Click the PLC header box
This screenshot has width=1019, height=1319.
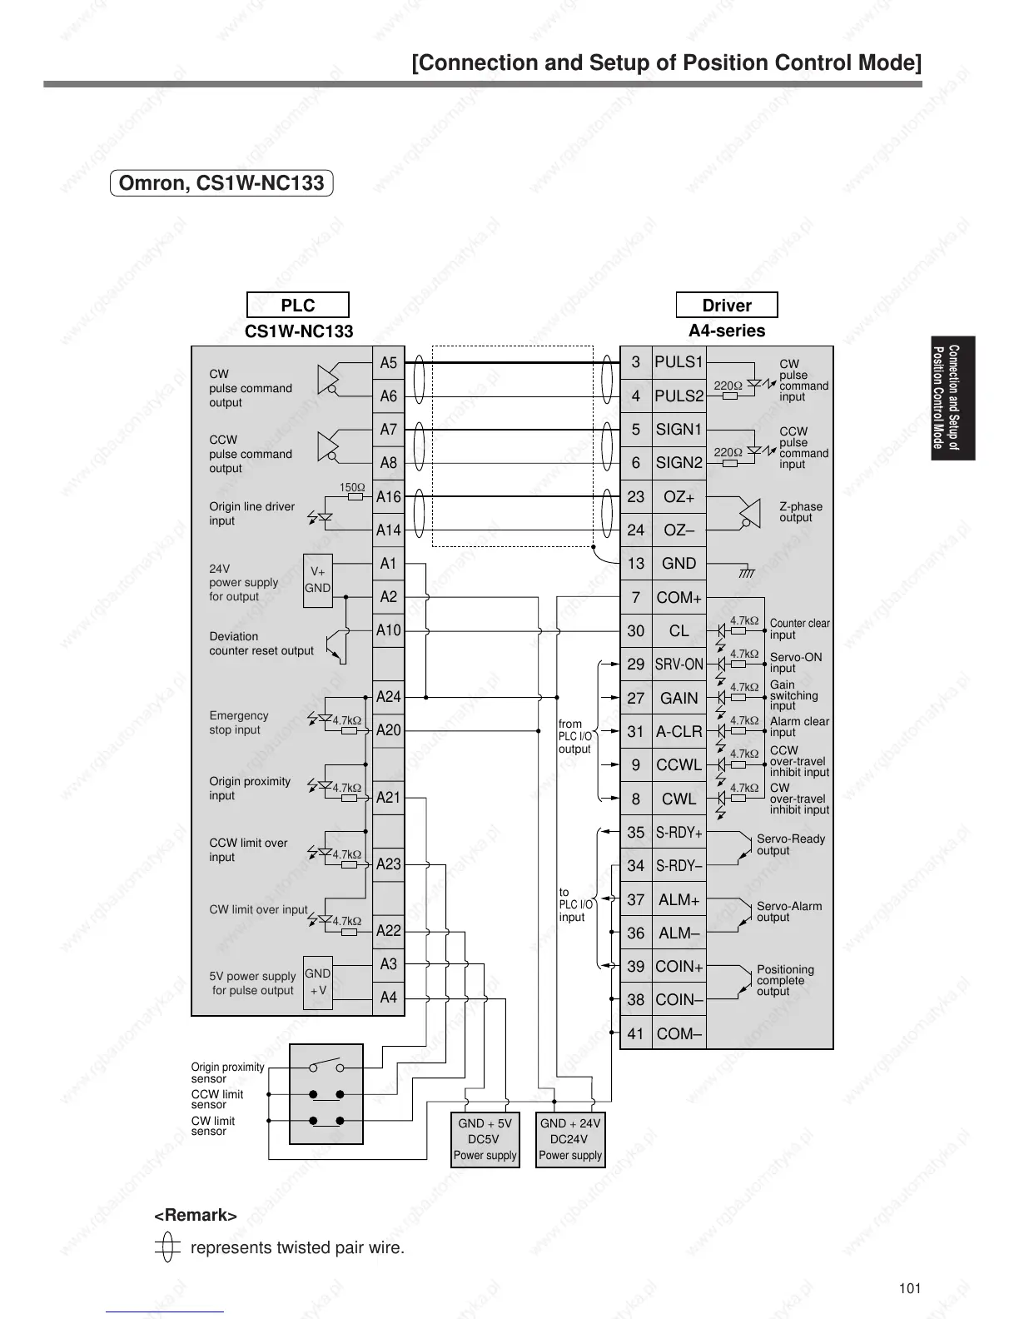(x=298, y=305)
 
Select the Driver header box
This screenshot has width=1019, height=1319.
(x=726, y=305)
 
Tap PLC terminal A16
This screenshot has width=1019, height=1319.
(x=389, y=497)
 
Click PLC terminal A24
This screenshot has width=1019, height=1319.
(x=389, y=697)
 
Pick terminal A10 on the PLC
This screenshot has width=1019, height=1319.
(x=389, y=630)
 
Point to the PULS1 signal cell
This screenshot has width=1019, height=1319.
(x=679, y=362)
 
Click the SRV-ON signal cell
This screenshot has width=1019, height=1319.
(x=679, y=664)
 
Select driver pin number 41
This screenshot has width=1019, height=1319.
(x=636, y=1034)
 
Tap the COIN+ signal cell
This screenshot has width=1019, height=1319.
(x=679, y=967)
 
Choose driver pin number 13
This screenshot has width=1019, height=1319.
(x=636, y=564)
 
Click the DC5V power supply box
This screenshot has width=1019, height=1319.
(x=485, y=1139)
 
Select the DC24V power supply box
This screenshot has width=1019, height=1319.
(x=570, y=1139)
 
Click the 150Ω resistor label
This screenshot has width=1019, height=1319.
(x=351, y=487)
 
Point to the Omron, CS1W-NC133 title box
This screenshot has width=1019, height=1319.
(x=221, y=182)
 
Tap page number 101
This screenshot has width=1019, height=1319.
(x=910, y=1288)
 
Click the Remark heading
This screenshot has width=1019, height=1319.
(x=196, y=1216)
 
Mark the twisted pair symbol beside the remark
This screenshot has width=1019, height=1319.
(x=167, y=1247)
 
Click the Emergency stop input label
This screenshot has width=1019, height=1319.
(x=238, y=723)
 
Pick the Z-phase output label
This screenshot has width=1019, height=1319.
(x=800, y=512)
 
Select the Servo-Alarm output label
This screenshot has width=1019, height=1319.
(x=788, y=912)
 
